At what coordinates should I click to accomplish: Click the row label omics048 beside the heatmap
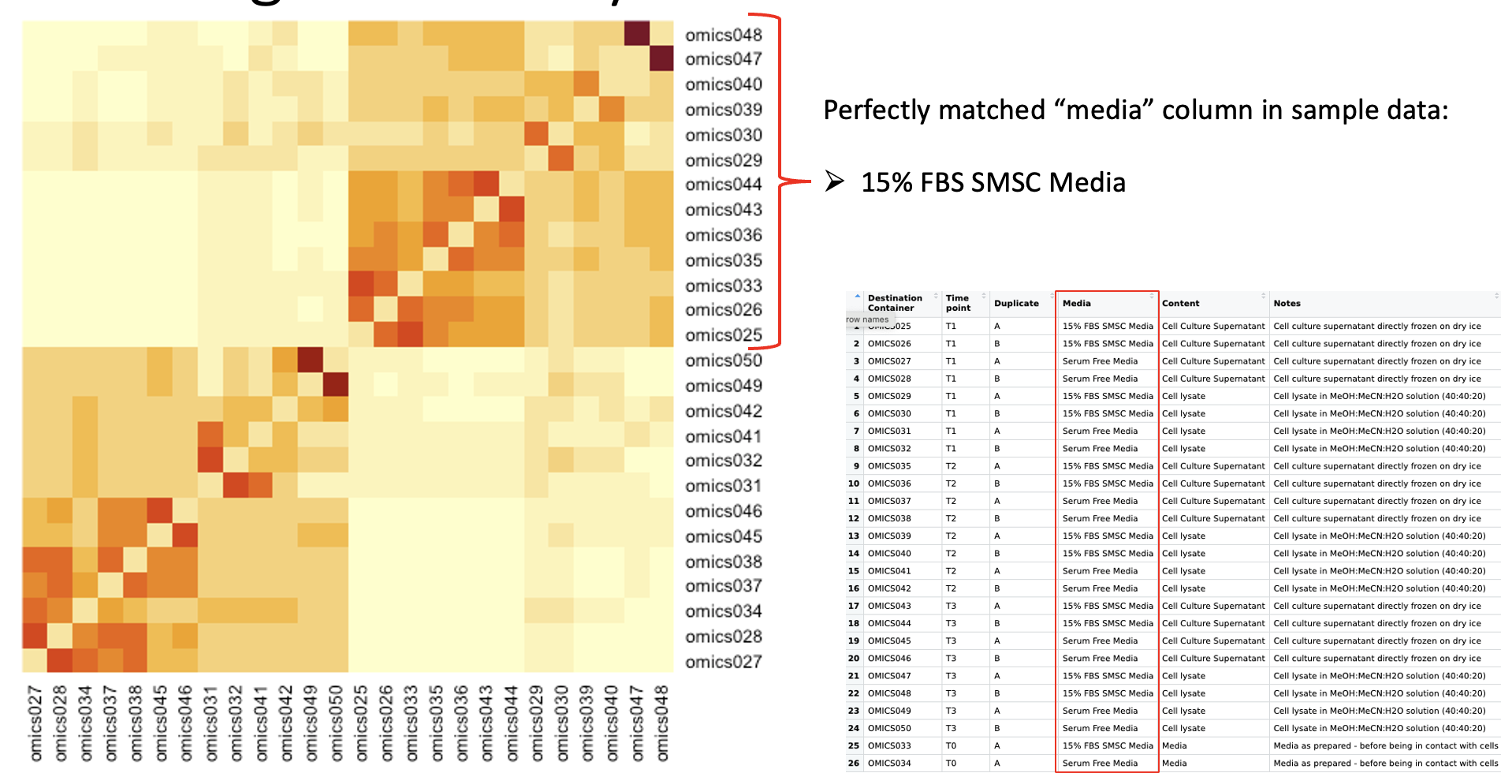pos(723,35)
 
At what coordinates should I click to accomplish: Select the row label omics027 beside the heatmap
pos(723,662)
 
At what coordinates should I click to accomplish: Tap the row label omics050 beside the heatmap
pos(723,360)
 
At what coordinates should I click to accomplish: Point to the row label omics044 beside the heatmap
pos(723,185)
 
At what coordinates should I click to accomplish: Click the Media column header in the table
pos(1077,303)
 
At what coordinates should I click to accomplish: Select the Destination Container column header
pos(895,303)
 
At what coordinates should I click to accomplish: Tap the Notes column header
pos(1287,303)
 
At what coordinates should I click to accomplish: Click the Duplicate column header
pos(1016,303)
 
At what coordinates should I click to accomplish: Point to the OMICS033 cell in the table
pos(889,745)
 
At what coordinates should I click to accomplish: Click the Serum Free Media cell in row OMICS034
pos(1100,763)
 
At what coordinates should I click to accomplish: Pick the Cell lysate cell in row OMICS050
pos(1183,728)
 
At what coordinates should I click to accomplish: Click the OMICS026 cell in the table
pos(889,344)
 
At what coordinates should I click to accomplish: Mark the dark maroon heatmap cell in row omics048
pos(636,34)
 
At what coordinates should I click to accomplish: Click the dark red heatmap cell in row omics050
pos(311,360)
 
